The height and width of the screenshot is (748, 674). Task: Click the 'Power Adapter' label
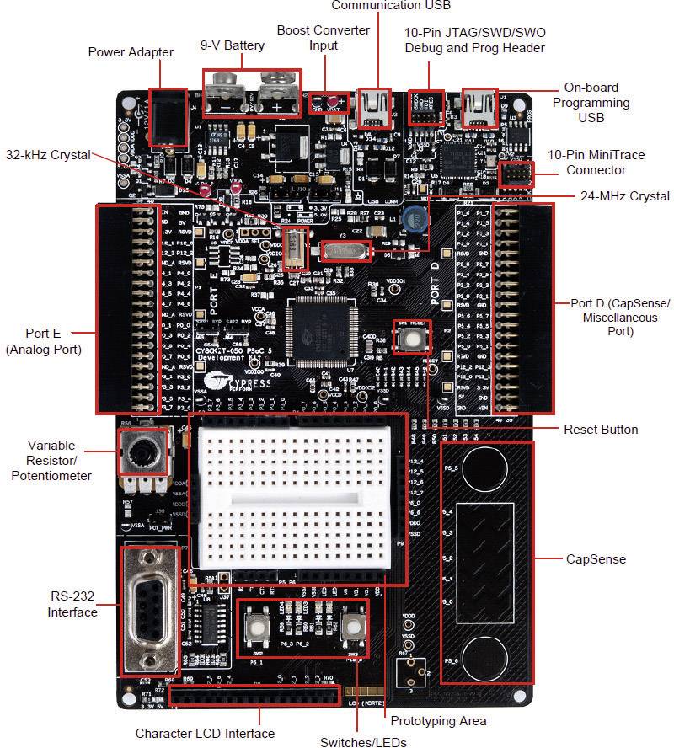131,52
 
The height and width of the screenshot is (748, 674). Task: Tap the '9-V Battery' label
232,45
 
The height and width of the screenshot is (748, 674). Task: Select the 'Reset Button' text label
601,430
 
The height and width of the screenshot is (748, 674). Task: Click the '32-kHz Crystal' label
50,155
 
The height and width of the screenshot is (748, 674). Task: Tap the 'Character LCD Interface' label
205,733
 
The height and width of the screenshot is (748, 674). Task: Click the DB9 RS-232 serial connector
150,607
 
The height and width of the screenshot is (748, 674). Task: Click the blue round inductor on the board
414,220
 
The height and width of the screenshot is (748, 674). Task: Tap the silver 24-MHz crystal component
345,249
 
